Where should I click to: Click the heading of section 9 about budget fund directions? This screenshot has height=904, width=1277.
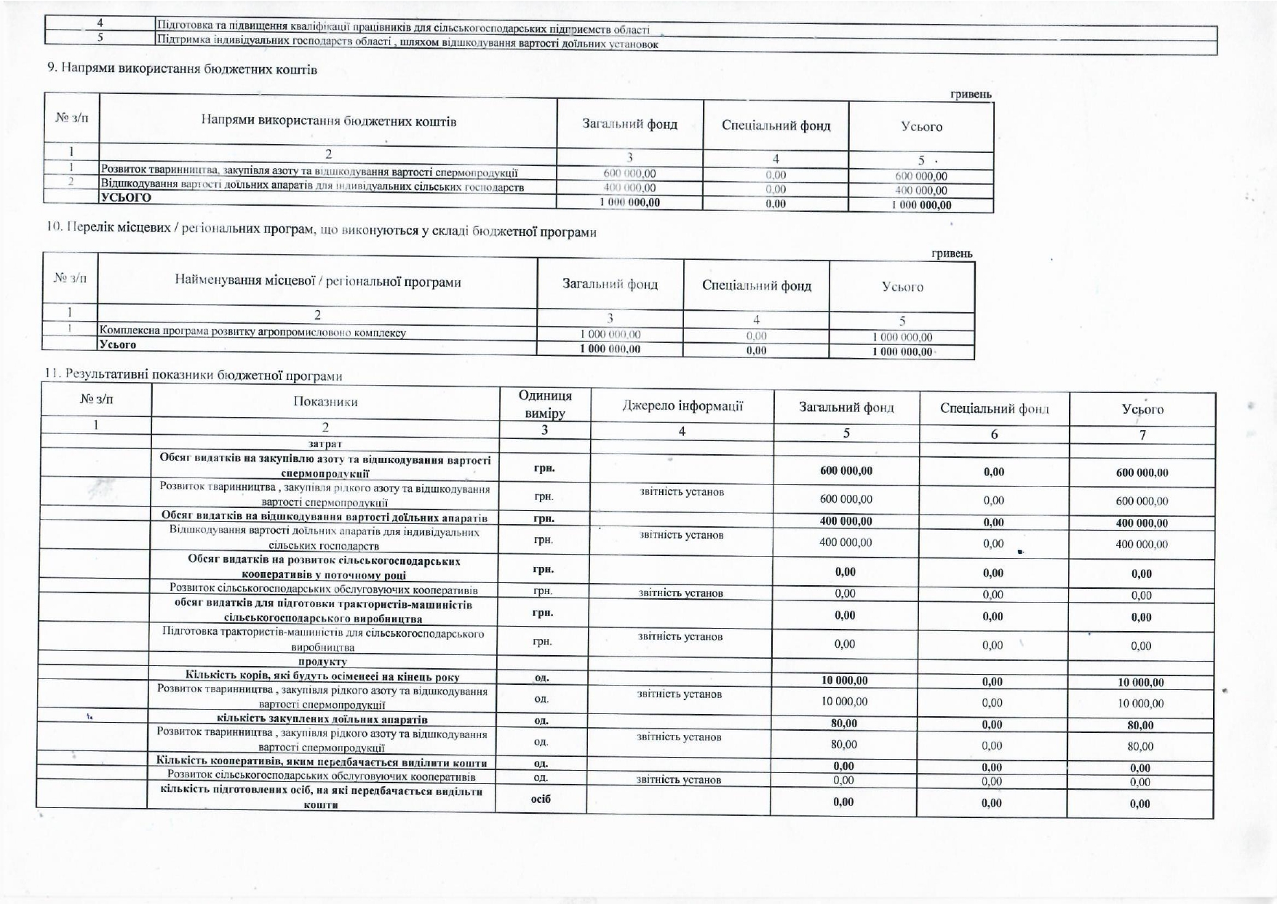tap(182, 69)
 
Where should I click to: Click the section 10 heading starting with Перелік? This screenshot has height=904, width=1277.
tap(321, 231)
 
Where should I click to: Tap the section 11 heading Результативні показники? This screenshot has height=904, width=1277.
tap(193, 375)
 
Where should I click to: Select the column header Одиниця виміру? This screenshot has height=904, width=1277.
tap(545, 404)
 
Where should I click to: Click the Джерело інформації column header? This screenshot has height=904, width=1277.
tap(682, 406)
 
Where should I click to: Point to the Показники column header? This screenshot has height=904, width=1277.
tap(325, 402)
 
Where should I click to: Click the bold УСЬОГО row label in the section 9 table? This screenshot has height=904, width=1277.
tap(126, 198)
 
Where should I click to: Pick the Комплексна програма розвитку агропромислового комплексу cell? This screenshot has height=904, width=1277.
tap(252, 333)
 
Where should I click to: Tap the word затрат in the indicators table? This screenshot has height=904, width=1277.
tap(325, 443)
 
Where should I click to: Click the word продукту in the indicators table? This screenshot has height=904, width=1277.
tap(323, 662)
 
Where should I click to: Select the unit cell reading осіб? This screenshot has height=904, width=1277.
tap(541, 798)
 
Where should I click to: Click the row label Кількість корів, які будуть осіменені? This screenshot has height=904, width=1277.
tap(322, 675)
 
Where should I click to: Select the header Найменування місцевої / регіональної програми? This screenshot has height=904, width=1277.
tap(318, 282)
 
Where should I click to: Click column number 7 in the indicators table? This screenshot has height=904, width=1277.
tap(1142, 435)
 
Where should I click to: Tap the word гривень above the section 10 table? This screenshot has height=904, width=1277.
tap(952, 253)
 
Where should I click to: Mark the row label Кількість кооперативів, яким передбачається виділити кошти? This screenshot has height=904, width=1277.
tap(322, 762)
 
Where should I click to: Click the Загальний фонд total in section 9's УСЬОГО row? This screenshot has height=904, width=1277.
tap(629, 202)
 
